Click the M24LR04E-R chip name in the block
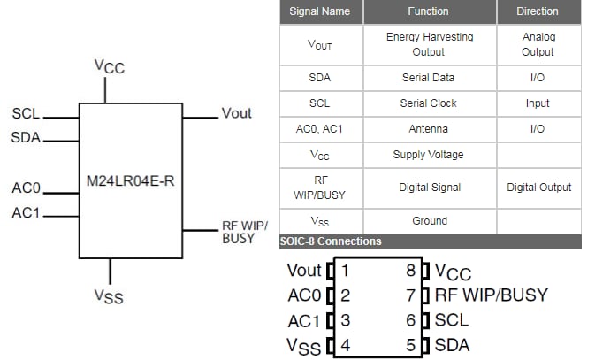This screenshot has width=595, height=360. tap(131, 181)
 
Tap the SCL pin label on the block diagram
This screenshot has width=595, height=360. tap(26, 114)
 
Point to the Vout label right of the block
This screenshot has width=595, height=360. tap(236, 113)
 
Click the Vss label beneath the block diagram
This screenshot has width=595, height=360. tap(109, 296)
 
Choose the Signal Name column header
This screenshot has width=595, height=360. tap(320, 11)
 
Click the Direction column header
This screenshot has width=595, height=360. tap(538, 11)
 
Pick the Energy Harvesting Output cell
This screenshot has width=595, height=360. tap(429, 44)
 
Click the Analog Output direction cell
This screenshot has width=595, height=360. tap(538, 44)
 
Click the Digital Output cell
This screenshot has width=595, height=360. tap(538, 187)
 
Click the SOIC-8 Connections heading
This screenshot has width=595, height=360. tap(331, 241)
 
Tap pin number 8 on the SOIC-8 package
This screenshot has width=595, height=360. tap(411, 271)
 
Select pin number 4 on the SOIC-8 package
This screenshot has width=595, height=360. tap(346, 345)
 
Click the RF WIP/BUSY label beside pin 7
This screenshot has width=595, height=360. tap(491, 295)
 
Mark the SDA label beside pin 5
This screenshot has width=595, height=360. tap(452, 345)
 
